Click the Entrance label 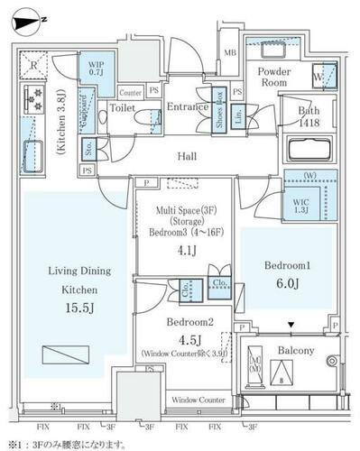point(188,106)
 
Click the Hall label point(187,157)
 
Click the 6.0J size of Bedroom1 point(287,285)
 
